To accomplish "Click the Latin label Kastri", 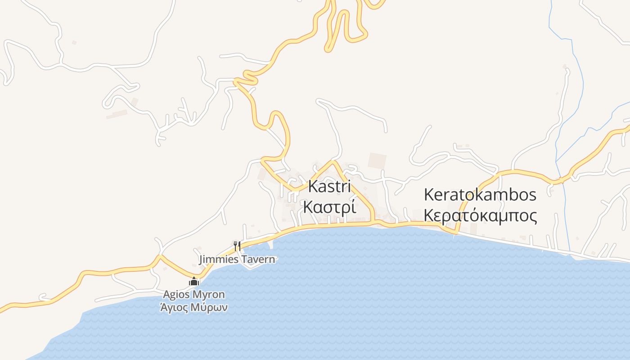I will tap(329, 187).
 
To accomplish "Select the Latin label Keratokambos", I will tap(480, 195).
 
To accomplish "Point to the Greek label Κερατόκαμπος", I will tap(480, 216).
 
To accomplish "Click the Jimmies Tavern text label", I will tap(237, 260).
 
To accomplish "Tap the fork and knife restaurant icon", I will tap(237, 246).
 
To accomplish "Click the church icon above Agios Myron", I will tap(194, 282).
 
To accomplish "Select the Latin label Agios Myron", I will tap(194, 295).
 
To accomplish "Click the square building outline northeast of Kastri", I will tap(377, 161).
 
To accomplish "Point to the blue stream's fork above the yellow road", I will tap(556, 161).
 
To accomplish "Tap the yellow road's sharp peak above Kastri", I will tap(333, 161).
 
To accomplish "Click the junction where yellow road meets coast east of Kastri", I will tap(373, 221).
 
